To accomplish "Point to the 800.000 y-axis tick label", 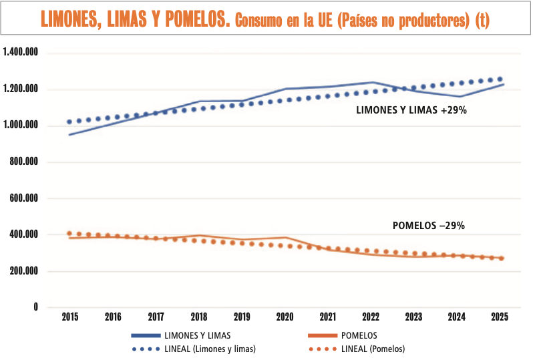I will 24,162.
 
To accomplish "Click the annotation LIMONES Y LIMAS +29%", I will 411,111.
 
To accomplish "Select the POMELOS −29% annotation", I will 428,226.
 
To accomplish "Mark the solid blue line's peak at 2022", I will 371,82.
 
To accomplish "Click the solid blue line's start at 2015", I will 69,135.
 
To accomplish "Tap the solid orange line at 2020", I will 285,237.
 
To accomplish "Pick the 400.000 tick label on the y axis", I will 24,235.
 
